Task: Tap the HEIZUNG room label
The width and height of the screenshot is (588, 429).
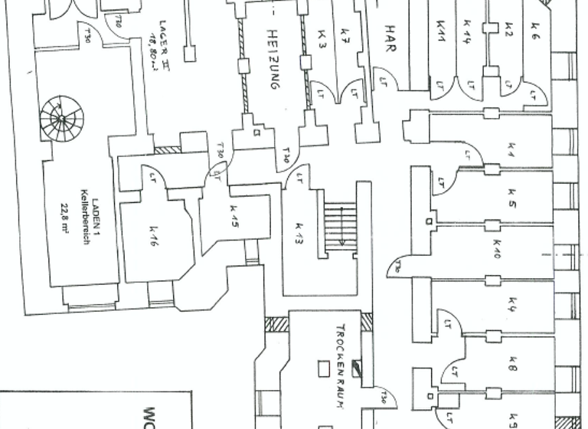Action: click(x=271, y=61)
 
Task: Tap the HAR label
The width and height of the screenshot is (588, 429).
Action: click(x=391, y=33)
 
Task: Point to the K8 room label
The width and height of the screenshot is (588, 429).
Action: click(x=511, y=368)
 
